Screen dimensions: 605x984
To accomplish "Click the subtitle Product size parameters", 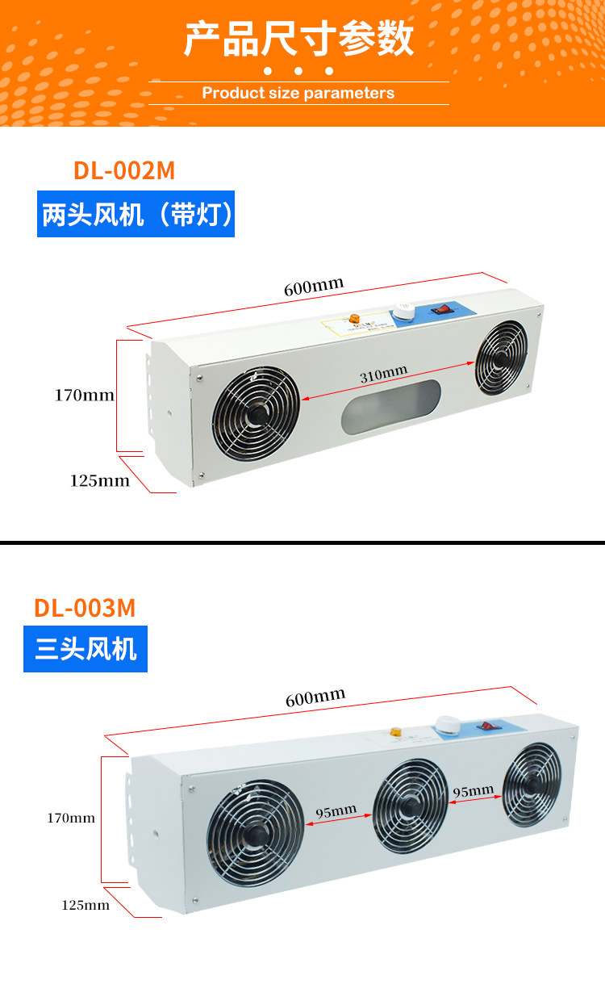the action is click(x=298, y=93).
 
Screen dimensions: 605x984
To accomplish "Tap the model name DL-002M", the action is click(x=124, y=170).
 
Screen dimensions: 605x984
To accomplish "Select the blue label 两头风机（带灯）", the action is click(x=136, y=214).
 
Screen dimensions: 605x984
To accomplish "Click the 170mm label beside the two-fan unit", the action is click(x=84, y=396).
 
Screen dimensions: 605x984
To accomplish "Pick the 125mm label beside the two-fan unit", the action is click(x=99, y=480).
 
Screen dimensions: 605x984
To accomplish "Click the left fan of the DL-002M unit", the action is click(x=256, y=414).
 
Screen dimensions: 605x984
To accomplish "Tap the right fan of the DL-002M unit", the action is click(x=502, y=358).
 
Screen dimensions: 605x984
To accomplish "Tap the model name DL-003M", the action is click(x=85, y=607).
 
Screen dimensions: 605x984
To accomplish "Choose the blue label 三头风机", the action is click(x=86, y=648).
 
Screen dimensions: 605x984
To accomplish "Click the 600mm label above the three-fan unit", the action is click(x=315, y=697).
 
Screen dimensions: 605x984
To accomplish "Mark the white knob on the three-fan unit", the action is click(x=445, y=724).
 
